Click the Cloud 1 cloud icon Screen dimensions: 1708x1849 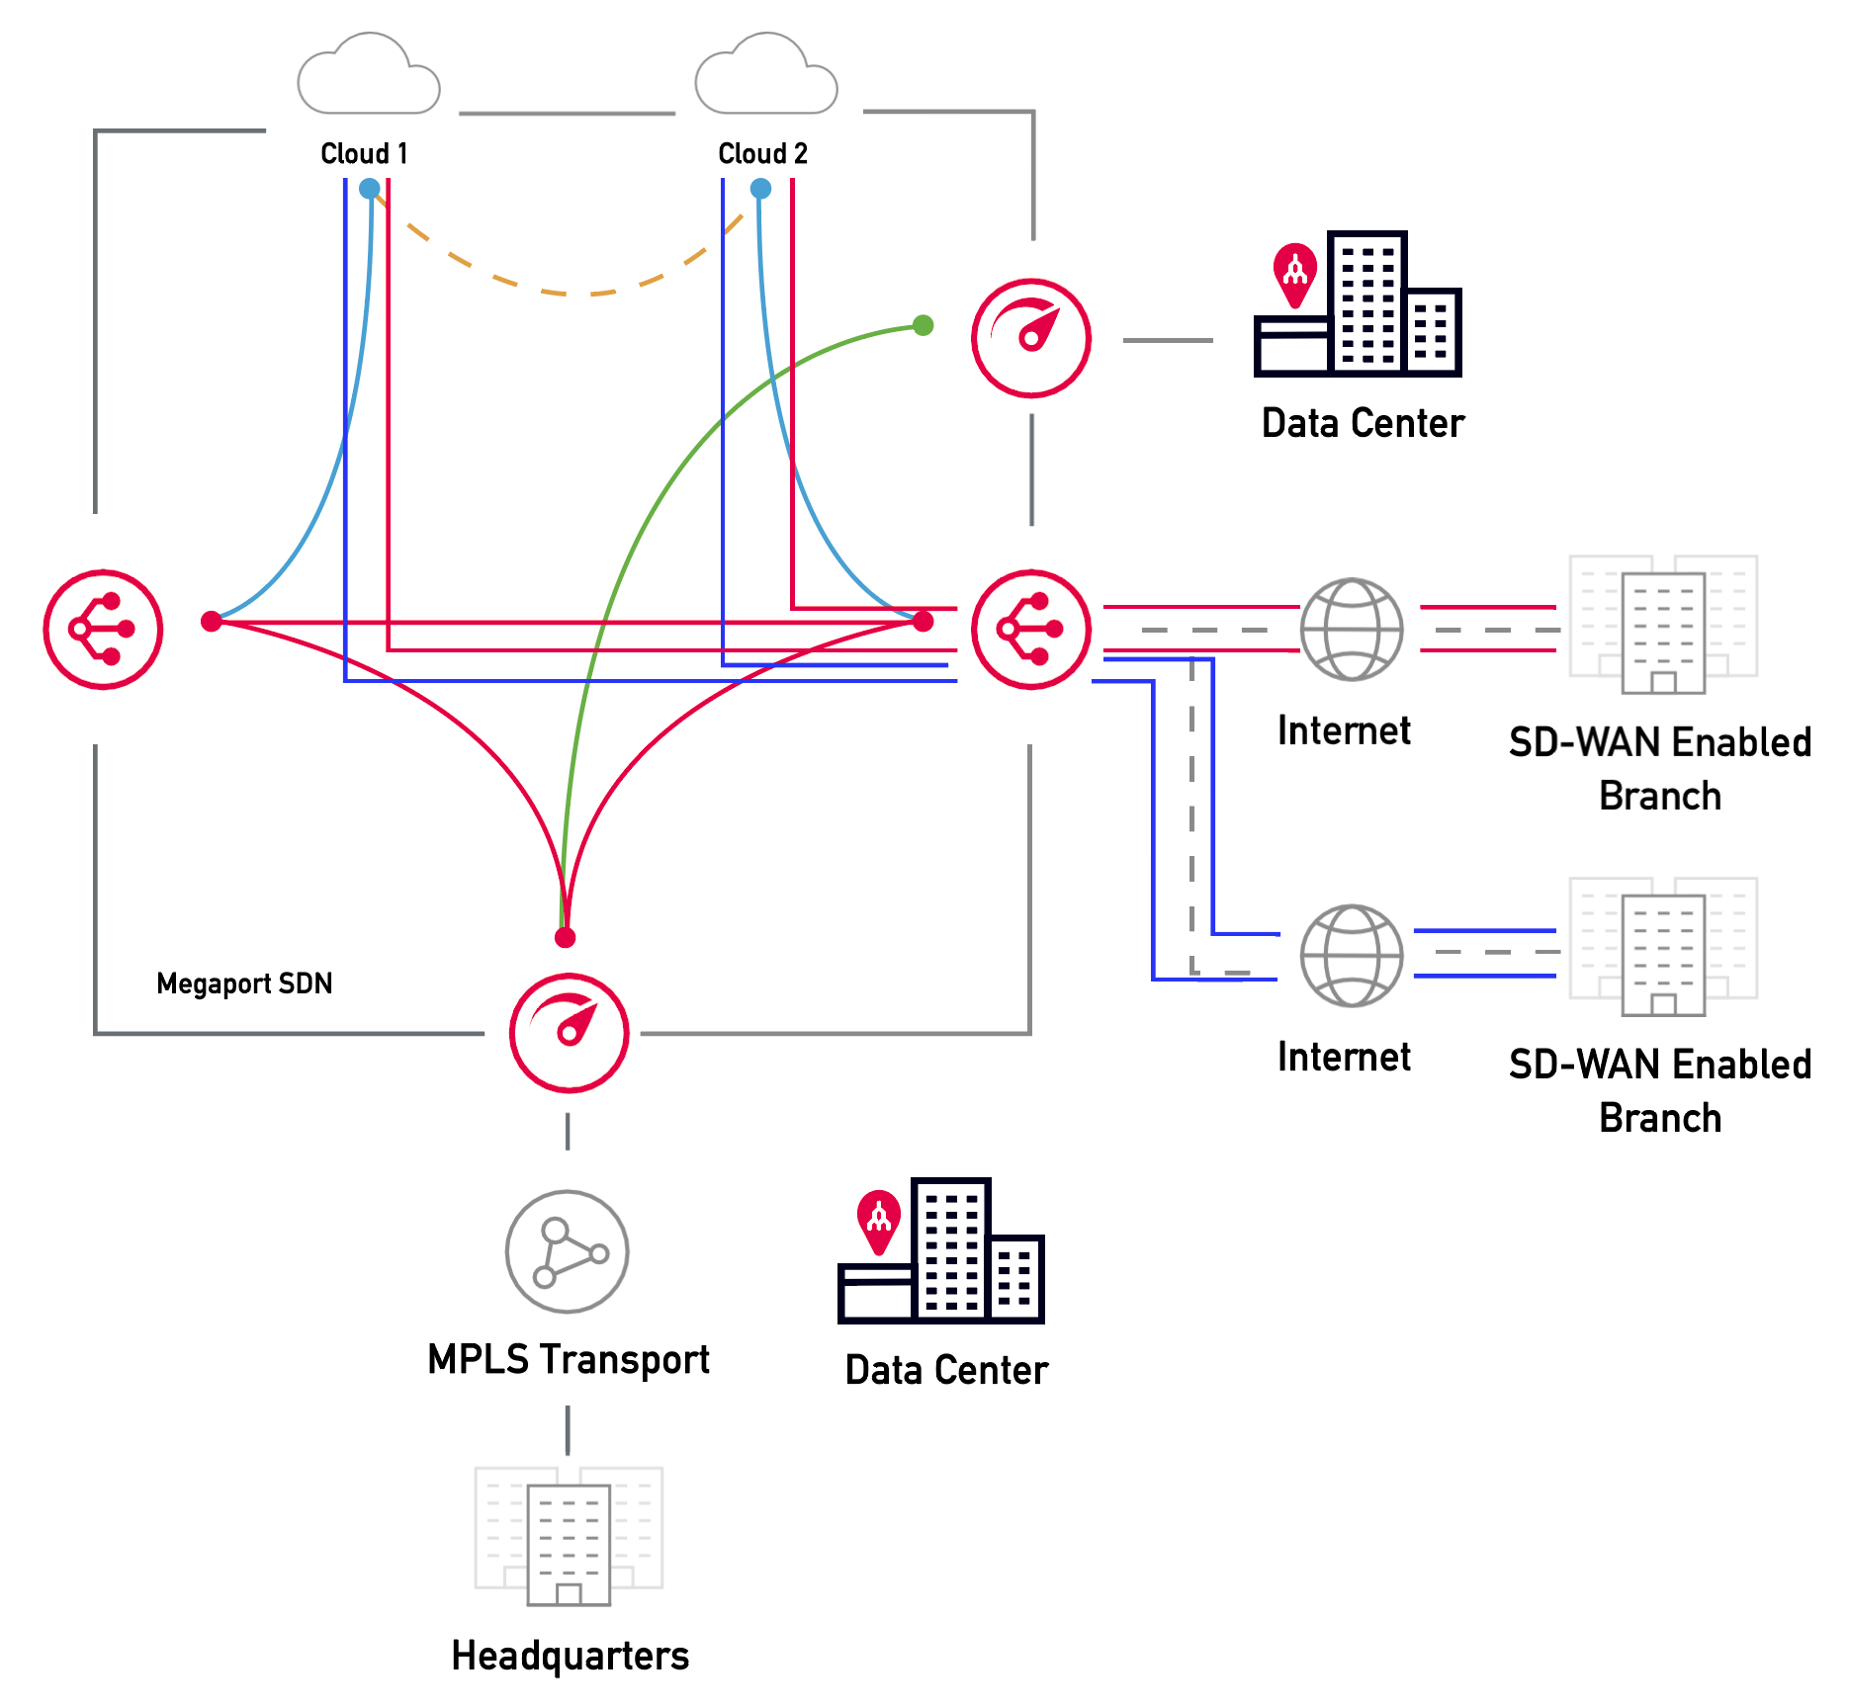(x=368, y=76)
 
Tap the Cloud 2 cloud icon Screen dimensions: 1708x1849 (x=765, y=76)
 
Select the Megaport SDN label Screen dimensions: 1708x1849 (x=244, y=983)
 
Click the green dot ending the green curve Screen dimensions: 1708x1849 (x=923, y=325)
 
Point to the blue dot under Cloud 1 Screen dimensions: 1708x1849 (x=369, y=188)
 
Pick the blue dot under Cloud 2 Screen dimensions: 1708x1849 (x=760, y=188)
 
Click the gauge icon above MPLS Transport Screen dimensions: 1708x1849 (x=569, y=1033)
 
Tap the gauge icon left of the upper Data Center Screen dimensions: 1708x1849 (x=1030, y=338)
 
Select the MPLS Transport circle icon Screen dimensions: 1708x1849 (x=567, y=1251)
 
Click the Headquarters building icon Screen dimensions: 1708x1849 (x=569, y=1535)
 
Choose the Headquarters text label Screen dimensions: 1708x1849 (x=570, y=1656)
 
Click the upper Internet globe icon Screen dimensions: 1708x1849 (x=1351, y=630)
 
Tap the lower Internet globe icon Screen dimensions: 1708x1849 (x=1351, y=955)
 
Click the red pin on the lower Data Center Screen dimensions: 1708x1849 (x=878, y=1220)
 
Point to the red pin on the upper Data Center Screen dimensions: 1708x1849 (x=1294, y=273)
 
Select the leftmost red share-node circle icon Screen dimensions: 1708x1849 (x=103, y=629)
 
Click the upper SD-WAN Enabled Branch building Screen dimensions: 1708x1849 (x=1663, y=623)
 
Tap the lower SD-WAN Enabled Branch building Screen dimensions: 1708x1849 (x=1663, y=946)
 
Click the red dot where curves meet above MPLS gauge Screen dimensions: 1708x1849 (x=565, y=937)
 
